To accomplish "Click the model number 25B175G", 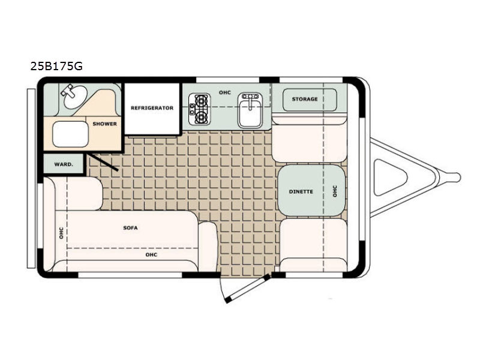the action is tap(56, 66).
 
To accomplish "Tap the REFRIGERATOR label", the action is tap(152, 108).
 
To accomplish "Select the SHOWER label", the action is tap(104, 124).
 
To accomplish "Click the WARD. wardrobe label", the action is tap(64, 164).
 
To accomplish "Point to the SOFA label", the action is tap(130, 228).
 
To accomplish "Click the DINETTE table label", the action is tap(301, 191).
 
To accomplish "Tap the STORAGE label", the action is tap(305, 99).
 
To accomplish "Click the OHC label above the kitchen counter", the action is tap(224, 92).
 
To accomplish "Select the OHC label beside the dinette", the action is tap(335, 191).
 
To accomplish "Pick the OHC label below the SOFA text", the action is tap(151, 254).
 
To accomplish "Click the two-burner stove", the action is tap(200, 109).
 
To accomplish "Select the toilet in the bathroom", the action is tap(70, 134).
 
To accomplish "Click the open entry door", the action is tap(247, 289).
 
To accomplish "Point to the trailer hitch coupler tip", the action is tap(458, 177).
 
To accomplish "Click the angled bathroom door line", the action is tap(103, 162).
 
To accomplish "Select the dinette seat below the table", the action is tap(313, 245).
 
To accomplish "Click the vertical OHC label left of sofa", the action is tap(61, 233).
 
